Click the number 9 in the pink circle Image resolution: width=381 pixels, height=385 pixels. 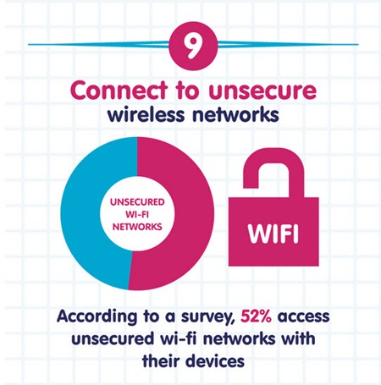point(193,46)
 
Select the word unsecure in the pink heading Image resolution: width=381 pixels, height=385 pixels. point(262,91)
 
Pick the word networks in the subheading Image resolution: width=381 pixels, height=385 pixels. point(235,114)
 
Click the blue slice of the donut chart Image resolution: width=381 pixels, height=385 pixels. point(79,214)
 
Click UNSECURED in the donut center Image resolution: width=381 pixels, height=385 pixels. point(137,202)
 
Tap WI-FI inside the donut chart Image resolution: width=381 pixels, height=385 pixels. point(137,214)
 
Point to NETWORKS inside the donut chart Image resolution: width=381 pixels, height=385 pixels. point(137,227)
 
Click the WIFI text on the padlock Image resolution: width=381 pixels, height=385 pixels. point(273,233)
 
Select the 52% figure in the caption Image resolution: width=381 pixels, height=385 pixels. point(256,316)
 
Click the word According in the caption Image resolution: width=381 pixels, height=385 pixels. point(97,316)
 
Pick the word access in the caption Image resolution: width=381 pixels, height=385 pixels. point(303,316)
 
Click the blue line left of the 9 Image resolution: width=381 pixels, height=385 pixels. point(99,44)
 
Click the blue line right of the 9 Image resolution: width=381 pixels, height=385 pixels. point(288,44)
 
